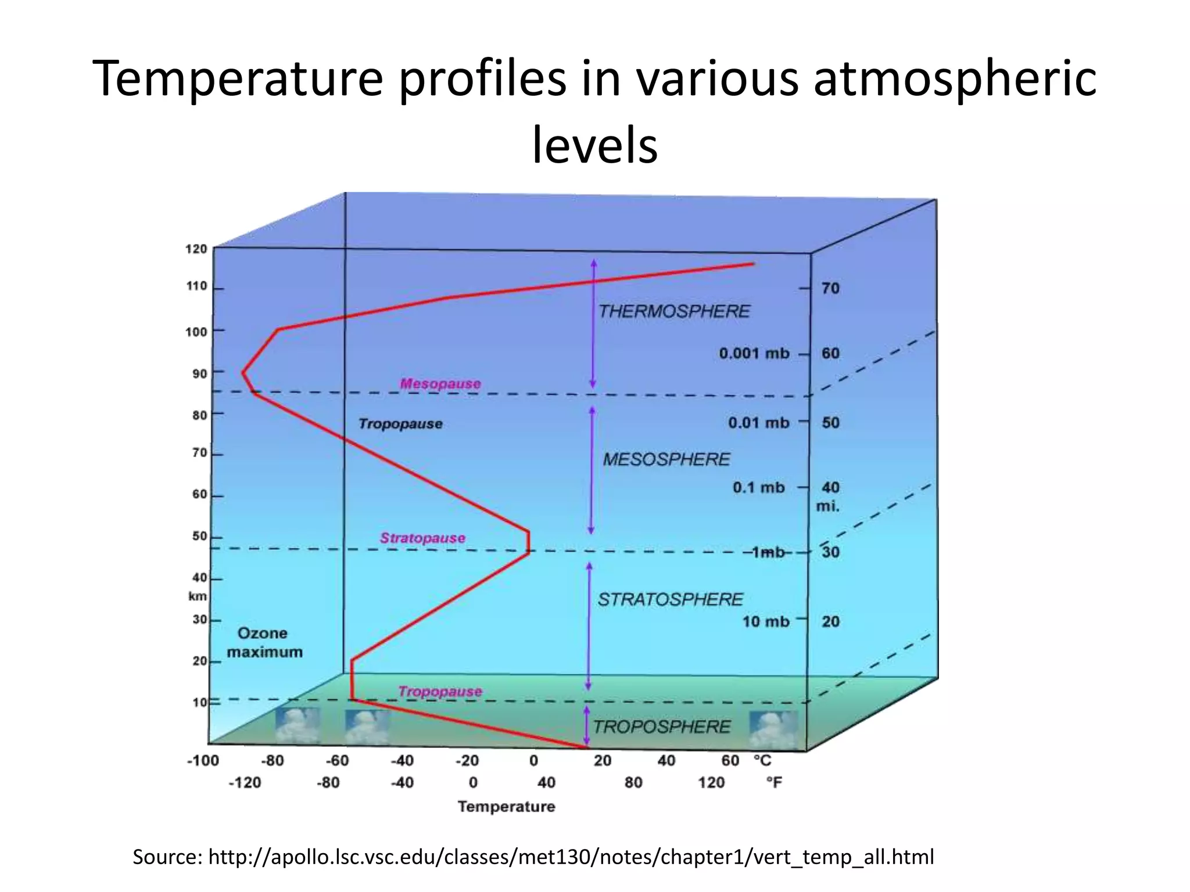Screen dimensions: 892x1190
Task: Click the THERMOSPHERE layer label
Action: click(674, 311)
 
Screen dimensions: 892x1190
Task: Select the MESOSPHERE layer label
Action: click(666, 459)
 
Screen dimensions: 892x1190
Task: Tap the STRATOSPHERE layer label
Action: click(670, 599)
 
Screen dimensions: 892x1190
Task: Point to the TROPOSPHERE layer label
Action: click(661, 726)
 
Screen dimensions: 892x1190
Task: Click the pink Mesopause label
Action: click(440, 383)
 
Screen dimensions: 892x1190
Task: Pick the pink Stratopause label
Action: click(422, 538)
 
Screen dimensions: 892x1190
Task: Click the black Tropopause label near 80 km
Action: click(400, 424)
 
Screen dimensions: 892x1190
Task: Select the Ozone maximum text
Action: click(264, 642)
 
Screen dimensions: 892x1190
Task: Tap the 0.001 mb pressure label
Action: click(754, 353)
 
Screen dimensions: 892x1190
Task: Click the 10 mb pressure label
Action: click(766, 621)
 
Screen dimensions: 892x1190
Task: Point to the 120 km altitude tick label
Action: click(196, 249)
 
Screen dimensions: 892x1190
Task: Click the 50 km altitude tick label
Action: click(200, 536)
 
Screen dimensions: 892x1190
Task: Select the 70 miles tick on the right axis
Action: click(830, 288)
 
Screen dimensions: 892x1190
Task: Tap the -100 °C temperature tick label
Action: click(203, 761)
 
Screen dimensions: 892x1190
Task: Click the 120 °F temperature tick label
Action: click(711, 783)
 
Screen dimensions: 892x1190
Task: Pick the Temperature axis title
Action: click(506, 807)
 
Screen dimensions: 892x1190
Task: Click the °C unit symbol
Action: click(762, 761)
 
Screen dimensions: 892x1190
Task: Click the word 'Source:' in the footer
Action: click(167, 857)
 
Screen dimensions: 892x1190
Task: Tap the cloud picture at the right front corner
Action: click(773, 729)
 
